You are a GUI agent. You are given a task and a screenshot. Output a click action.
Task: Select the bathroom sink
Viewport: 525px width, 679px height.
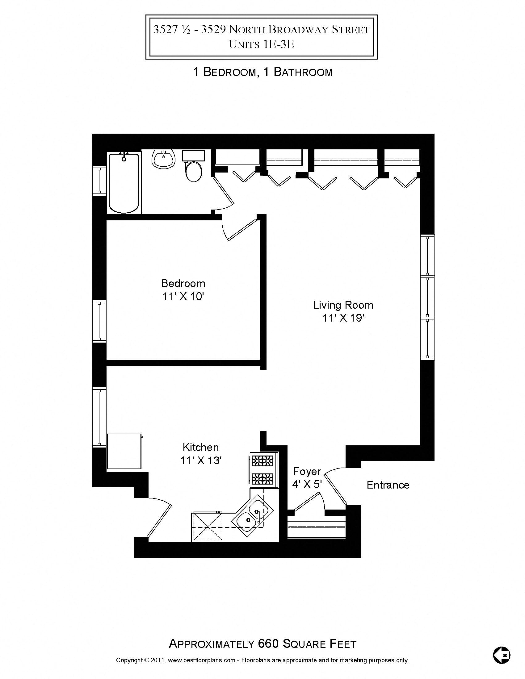pyautogui.click(x=163, y=159)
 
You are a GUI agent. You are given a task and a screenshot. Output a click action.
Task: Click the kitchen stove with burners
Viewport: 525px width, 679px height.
pyautogui.click(x=263, y=470)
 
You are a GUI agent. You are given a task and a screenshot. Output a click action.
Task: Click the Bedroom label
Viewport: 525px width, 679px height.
pyautogui.click(x=183, y=283)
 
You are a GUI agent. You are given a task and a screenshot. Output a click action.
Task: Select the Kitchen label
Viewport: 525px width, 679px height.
pyautogui.click(x=201, y=447)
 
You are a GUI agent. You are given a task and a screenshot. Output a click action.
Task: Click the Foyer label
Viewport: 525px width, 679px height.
pyautogui.click(x=307, y=471)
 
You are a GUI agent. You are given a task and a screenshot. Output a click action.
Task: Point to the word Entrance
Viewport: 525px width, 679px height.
pyautogui.click(x=388, y=485)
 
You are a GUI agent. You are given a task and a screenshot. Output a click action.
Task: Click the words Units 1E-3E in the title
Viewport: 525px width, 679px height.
pyautogui.click(x=261, y=44)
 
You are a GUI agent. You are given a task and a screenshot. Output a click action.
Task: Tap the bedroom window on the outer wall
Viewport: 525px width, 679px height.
pyautogui.click(x=99, y=321)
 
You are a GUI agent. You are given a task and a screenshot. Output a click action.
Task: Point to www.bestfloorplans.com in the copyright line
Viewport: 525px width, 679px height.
pyautogui.click(x=201, y=660)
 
